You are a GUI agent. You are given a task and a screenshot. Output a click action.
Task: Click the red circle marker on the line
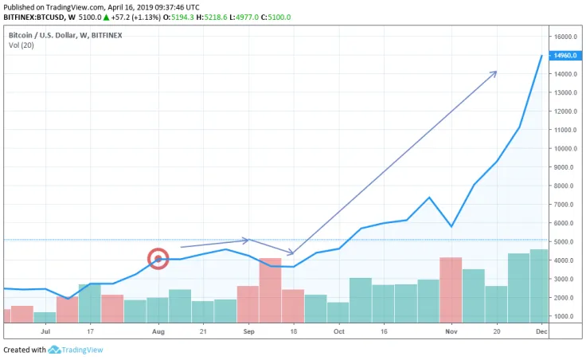(158, 258)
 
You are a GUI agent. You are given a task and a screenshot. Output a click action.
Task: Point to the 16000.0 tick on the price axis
(565, 37)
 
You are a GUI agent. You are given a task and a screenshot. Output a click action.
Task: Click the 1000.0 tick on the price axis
(564, 316)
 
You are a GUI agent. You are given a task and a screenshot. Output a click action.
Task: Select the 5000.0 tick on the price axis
(564, 241)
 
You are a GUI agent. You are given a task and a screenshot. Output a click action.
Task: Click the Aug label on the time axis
(158, 331)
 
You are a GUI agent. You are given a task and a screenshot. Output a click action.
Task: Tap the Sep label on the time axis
(248, 331)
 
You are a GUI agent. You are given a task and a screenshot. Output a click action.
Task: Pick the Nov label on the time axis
(451, 331)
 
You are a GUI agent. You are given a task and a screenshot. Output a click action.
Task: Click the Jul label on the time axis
(45, 331)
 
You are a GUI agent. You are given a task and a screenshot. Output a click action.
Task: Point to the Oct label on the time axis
(338, 331)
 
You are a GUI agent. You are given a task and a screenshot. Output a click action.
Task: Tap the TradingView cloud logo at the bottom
(55, 350)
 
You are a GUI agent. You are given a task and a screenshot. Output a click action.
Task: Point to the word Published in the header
(21, 6)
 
